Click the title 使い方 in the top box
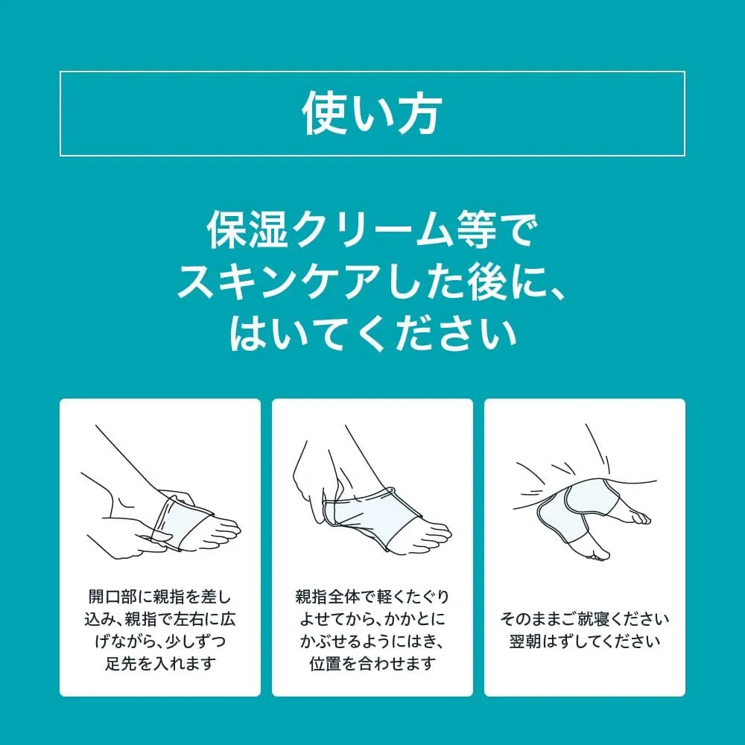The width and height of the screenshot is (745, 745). (x=372, y=114)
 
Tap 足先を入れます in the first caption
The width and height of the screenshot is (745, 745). (x=161, y=663)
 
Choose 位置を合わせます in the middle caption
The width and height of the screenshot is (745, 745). (x=372, y=663)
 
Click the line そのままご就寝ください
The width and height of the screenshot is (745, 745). (x=584, y=618)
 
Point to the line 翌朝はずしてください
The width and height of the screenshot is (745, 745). (x=584, y=641)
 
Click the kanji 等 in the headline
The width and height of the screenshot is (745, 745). (x=477, y=230)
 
